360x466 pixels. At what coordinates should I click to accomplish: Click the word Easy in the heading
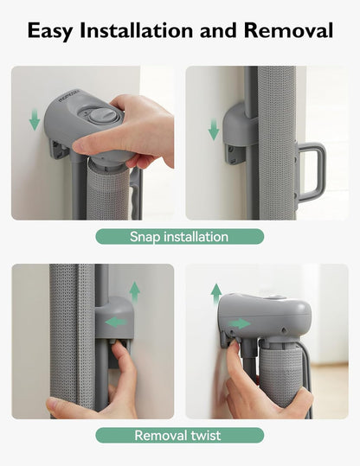click(50, 30)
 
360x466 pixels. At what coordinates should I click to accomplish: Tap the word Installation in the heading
click(136, 30)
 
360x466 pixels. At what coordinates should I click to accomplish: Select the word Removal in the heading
click(288, 30)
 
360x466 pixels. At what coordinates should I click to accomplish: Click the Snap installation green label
click(180, 237)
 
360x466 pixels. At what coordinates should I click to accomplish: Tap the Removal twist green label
click(180, 436)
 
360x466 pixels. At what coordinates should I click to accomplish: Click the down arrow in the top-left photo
click(35, 119)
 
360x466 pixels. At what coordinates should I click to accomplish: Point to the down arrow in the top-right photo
click(214, 130)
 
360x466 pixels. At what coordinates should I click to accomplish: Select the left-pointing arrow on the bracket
click(116, 322)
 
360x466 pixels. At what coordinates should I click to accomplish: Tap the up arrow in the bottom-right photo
click(216, 294)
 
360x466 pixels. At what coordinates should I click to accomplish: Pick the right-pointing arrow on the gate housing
click(240, 323)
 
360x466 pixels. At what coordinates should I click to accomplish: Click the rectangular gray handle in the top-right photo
click(312, 172)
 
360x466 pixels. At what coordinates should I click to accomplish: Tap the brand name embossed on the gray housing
click(69, 96)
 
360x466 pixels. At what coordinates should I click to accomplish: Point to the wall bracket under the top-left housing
click(60, 150)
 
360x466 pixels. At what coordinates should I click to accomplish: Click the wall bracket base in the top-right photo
click(235, 154)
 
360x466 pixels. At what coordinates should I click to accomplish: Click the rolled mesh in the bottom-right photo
click(280, 373)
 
